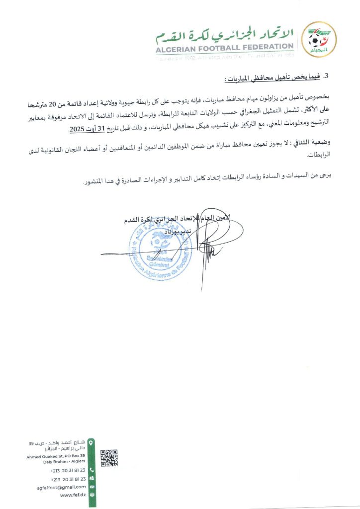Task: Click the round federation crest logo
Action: (x=320, y=39)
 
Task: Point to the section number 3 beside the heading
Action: (x=327, y=76)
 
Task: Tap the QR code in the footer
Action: (x=109, y=458)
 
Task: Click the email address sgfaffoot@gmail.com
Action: (x=62, y=487)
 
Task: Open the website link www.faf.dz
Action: (x=73, y=495)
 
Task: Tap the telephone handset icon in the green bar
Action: (x=91, y=470)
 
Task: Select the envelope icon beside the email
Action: (x=91, y=487)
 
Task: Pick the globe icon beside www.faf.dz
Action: (x=91, y=495)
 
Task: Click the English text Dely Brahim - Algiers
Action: (x=65, y=461)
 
